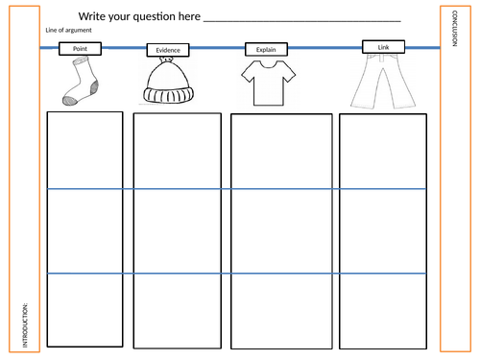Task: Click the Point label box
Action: [x=80, y=49]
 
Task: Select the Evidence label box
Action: [x=168, y=50]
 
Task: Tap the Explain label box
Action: [x=266, y=49]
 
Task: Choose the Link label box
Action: [x=383, y=47]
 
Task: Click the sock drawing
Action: [x=81, y=81]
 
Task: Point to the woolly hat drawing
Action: [x=168, y=81]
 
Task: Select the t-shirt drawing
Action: [x=269, y=83]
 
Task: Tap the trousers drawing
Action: [x=383, y=82]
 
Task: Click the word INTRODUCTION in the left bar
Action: [x=25, y=325]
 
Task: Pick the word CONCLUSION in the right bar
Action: [x=455, y=29]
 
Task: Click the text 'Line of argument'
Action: [x=68, y=30]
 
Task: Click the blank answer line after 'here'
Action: [x=302, y=21]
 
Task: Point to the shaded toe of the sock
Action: [x=70, y=101]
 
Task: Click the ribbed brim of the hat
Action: [x=168, y=95]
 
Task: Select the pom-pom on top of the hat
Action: [x=166, y=60]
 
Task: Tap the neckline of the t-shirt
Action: [x=268, y=64]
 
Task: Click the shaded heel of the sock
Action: [x=94, y=87]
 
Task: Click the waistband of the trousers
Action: [x=383, y=57]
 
